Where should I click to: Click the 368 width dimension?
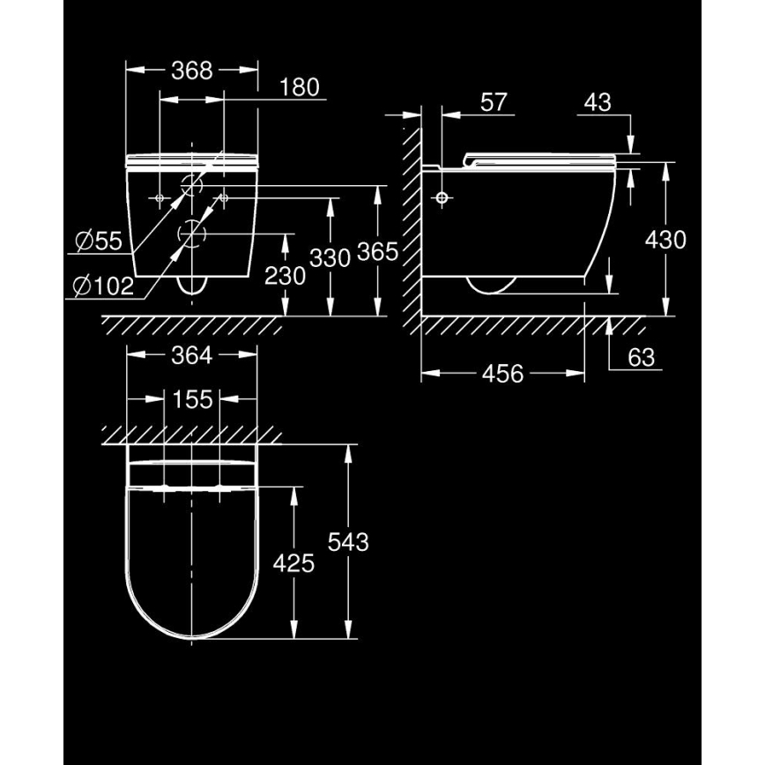pos(192,71)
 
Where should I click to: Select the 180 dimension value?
pos(300,88)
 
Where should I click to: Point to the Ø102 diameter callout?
pos(103,285)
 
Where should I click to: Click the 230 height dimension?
pos(285,276)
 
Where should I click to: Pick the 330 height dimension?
pos(331,256)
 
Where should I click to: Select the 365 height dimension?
pos(377,252)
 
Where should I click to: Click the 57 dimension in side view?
pos(494,102)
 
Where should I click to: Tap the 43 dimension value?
pos(597,102)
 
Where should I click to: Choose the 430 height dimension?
pos(665,239)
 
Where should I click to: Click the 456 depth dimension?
pos(502,374)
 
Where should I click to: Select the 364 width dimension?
pos(192,355)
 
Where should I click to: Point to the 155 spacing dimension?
pos(192,399)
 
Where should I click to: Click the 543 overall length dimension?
pos(348,541)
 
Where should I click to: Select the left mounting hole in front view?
pos(160,198)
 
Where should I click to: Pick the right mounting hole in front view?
pos(224,198)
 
